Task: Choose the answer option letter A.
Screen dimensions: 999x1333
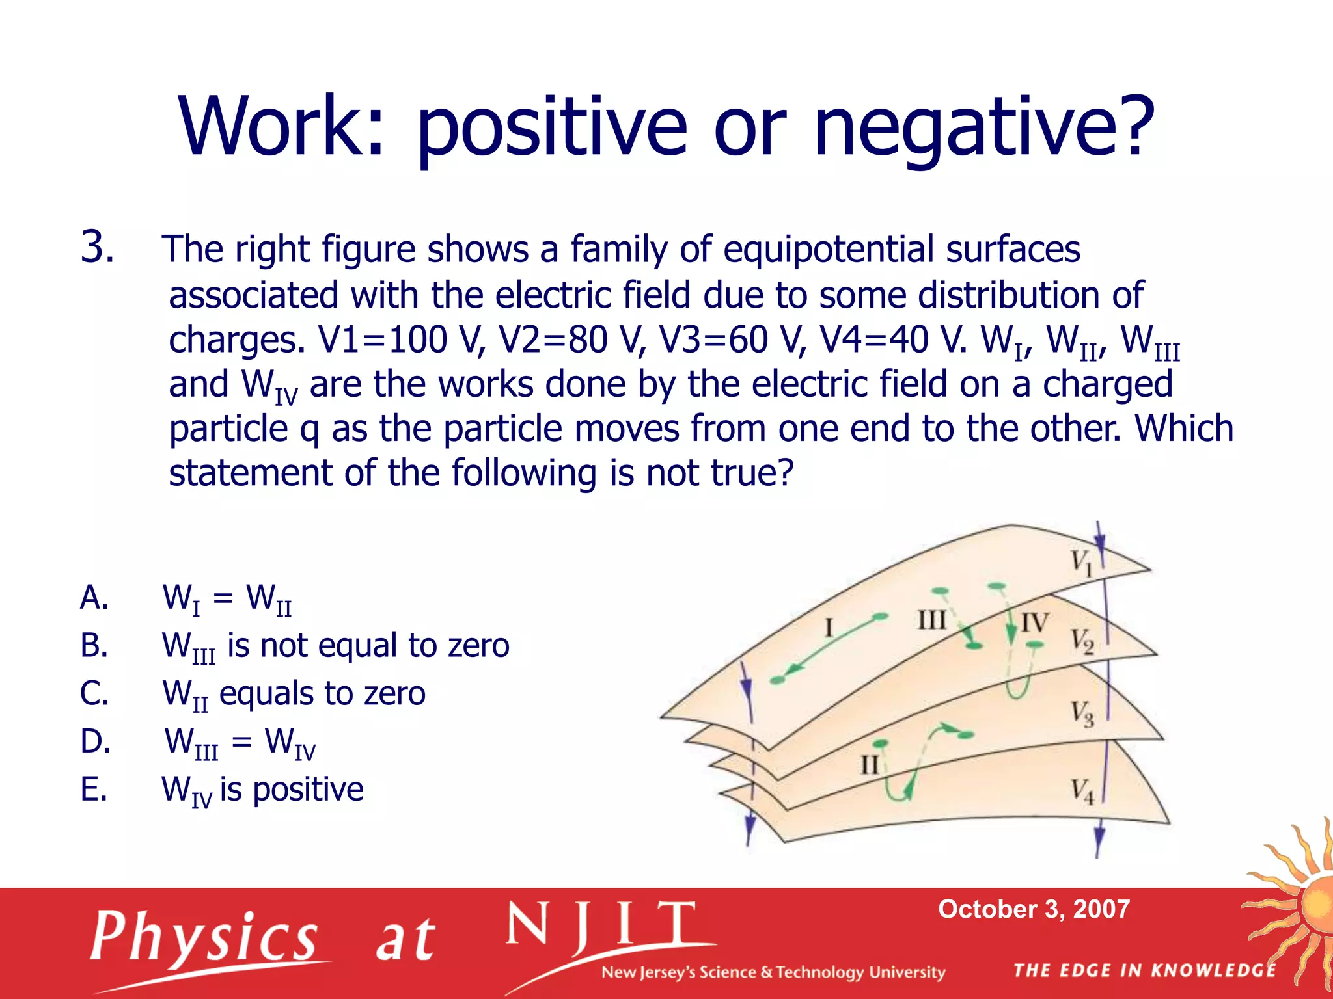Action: tap(94, 597)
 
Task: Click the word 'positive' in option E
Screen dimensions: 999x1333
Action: tap(308, 790)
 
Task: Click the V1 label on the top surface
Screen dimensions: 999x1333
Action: tap(1081, 561)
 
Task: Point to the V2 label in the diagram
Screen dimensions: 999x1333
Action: tap(1082, 641)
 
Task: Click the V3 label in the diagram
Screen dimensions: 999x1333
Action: tap(1082, 713)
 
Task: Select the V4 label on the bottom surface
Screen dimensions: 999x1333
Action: tap(1082, 792)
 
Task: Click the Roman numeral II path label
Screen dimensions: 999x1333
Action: tap(870, 764)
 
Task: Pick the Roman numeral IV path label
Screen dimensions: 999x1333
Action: tap(1034, 622)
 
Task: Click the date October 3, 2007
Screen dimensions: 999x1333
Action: tap(1034, 909)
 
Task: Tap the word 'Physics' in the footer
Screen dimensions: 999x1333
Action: tap(203, 937)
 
